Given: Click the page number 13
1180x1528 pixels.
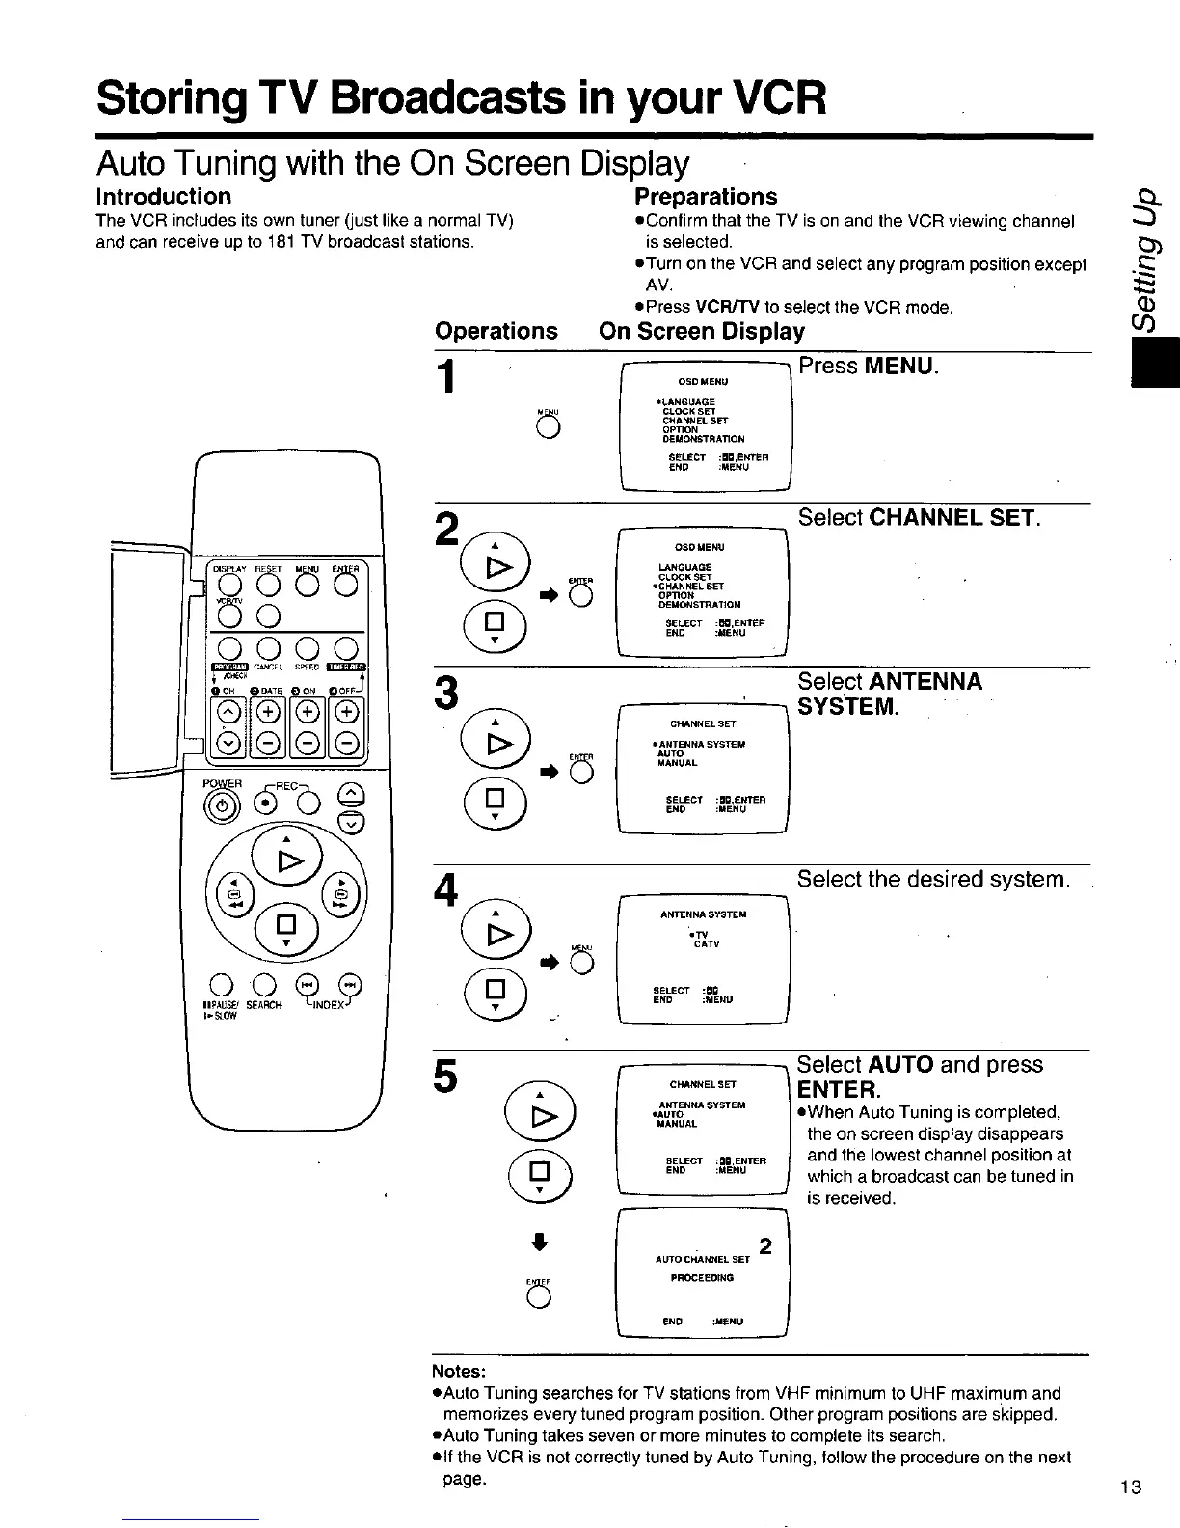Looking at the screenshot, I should (1131, 1487).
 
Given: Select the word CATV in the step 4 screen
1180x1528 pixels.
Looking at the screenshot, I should (707, 944).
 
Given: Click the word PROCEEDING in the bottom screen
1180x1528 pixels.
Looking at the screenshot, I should (703, 1277).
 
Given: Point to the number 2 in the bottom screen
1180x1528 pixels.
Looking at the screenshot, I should (764, 1246).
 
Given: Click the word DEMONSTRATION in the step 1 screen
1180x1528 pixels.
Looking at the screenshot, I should (704, 439).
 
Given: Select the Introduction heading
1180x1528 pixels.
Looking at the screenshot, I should (163, 197).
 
